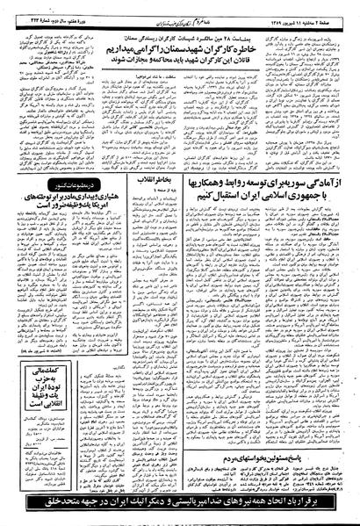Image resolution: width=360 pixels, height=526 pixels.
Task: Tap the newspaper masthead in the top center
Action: pyautogui.click(x=181, y=8)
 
